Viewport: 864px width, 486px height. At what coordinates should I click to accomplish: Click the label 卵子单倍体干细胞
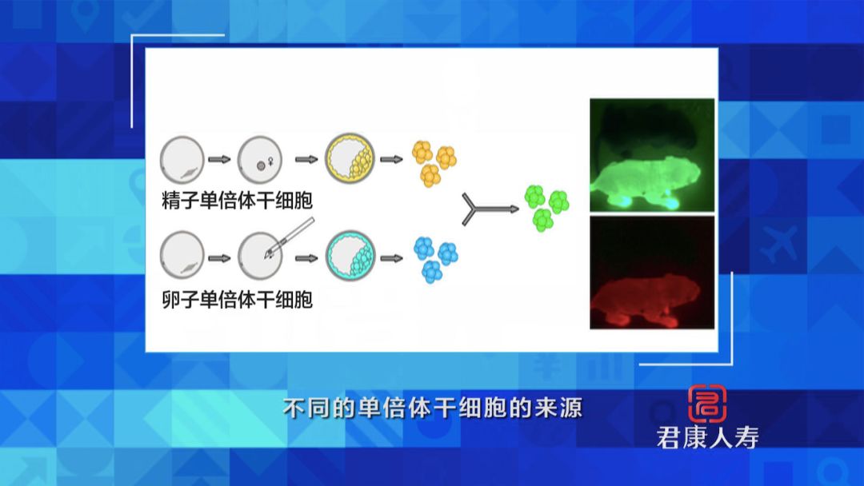(237, 300)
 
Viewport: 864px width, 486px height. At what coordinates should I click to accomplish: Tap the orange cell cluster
(433, 163)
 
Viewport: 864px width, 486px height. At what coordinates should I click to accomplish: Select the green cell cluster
(546, 207)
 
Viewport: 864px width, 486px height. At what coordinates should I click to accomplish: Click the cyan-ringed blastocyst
(350, 256)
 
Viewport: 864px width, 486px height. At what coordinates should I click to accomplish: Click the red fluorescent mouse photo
(651, 273)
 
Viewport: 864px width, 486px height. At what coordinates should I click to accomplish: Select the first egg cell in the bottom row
(182, 256)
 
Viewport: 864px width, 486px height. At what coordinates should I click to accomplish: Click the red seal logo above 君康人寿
(707, 403)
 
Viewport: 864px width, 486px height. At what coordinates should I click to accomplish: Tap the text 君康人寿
(707, 437)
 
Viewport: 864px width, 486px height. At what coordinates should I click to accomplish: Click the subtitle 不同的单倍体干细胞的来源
(432, 408)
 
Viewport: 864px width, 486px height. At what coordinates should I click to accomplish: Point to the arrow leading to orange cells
(391, 159)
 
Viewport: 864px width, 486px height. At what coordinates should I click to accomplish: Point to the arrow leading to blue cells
(391, 257)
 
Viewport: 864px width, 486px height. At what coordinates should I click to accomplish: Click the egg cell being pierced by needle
(259, 257)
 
